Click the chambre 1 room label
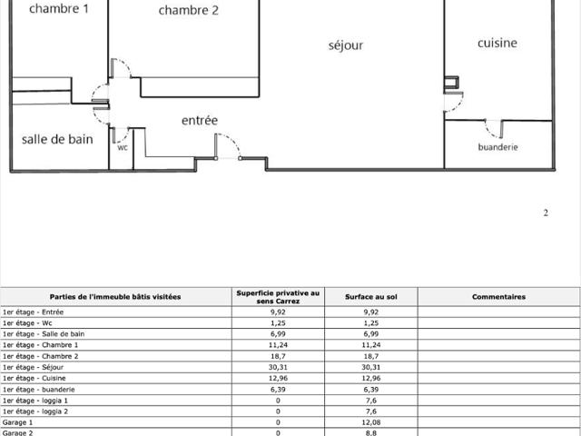[x=59, y=8]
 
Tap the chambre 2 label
[x=188, y=10]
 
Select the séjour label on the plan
[x=346, y=45]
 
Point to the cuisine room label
[x=497, y=43]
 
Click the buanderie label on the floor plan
[x=497, y=147]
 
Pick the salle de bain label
[x=57, y=139]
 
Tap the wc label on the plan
[x=123, y=147]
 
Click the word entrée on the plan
[x=200, y=120]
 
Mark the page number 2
[x=546, y=213]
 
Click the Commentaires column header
[x=498, y=297]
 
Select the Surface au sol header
[x=371, y=297]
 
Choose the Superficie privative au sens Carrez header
[x=278, y=297]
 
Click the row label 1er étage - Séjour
[x=33, y=367]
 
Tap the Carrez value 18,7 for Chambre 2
[x=278, y=356]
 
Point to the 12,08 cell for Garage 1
[x=371, y=422]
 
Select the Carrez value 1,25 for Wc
[x=278, y=323]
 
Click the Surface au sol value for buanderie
[x=371, y=390]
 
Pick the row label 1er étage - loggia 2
[x=35, y=411]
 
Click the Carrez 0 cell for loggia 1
[x=278, y=401]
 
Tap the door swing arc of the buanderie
[x=490, y=131]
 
